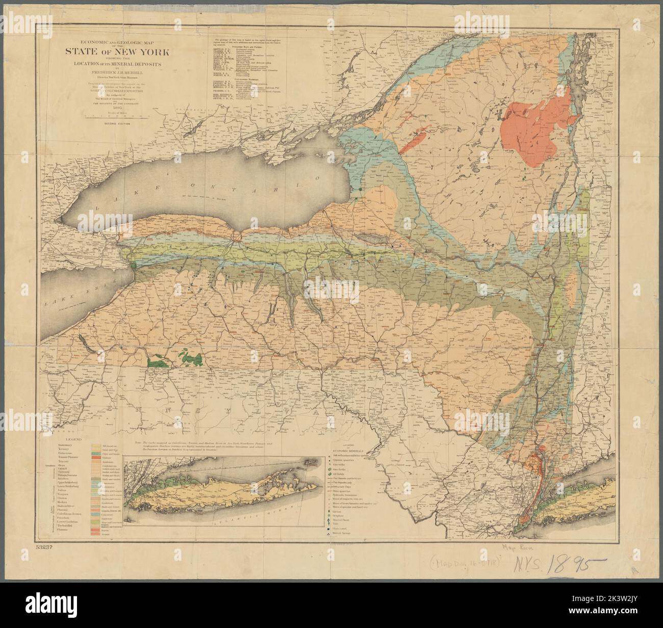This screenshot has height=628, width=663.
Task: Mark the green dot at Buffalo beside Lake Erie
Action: [133, 265]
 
